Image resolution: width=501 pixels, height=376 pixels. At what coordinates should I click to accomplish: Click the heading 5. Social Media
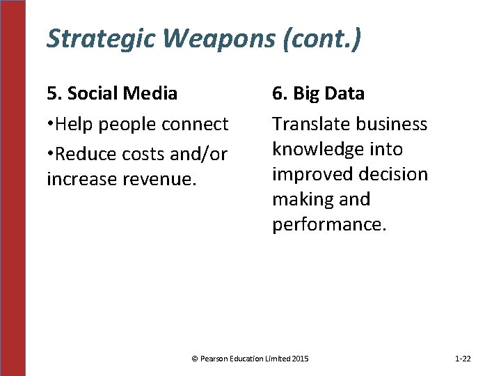[x=112, y=93]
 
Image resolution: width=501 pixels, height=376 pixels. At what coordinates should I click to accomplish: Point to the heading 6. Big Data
[x=318, y=93]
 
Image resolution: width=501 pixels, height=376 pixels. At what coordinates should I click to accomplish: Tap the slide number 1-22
[x=463, y=359]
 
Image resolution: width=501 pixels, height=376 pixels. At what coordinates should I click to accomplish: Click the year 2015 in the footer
[x=301, y=359]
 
